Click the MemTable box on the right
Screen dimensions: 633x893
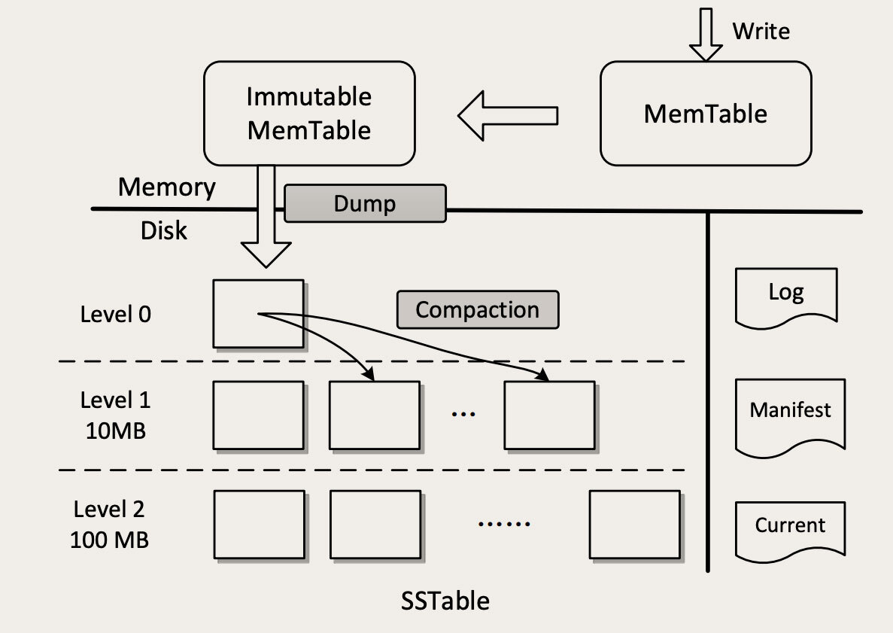point(706,114)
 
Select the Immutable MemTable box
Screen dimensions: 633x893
point(309,114)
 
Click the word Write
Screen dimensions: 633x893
point(761,31)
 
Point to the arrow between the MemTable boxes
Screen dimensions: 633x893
point(508,115)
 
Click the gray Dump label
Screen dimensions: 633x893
point(365,204)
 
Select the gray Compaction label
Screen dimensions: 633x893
point(478,309)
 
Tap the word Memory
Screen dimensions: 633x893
point(167,187)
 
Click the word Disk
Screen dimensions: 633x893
point(164,230)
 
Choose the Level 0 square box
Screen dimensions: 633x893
point(258,314)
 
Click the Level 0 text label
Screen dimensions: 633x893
point(116,314)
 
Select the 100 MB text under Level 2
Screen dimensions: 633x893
point(110,540)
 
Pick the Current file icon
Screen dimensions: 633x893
point(791,530)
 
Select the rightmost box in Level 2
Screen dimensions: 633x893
point(634,524)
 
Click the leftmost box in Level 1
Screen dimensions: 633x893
point(258,415)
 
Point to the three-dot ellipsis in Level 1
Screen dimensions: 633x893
point(463,415)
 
